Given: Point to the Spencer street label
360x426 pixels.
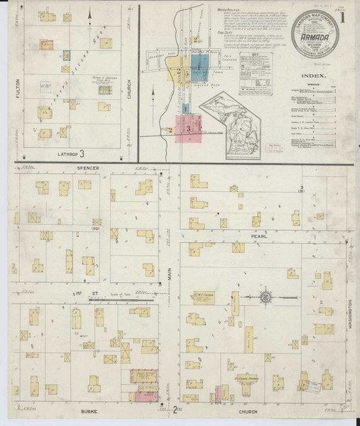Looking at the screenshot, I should [x=89, y=168].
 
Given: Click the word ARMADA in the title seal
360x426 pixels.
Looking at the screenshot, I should [x=313, y=40].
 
